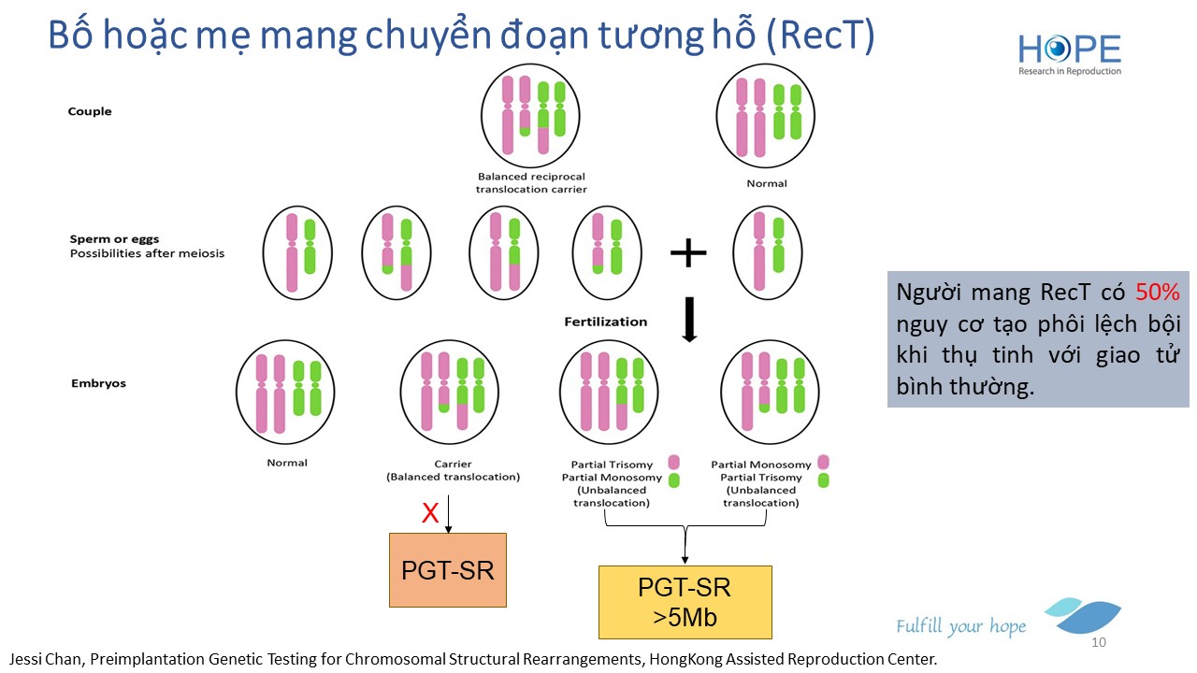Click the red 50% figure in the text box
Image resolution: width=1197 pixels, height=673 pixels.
click(1158, 293)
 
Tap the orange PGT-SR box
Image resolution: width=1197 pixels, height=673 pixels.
click(447, 570)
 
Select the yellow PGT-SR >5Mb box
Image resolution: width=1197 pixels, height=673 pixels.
click(685, 601)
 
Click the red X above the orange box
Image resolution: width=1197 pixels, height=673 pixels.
click(430, 512)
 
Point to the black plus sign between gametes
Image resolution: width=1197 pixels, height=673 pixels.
click(688, 252)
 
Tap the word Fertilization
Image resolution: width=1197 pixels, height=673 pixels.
click(605, 322)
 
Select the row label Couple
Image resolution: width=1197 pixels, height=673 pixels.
click(90, 111)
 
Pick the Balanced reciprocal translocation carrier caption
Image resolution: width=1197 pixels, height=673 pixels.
click(531, 182)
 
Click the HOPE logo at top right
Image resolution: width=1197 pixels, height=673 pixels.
click(1069, 51)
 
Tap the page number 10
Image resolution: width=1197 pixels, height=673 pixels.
click(1099, 643)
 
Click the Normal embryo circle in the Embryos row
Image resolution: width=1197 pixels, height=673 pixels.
click(286, 393)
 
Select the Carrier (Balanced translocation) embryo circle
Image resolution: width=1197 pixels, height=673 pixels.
click(452, 393)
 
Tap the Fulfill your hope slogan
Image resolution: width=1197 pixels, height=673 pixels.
click(960, 626)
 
